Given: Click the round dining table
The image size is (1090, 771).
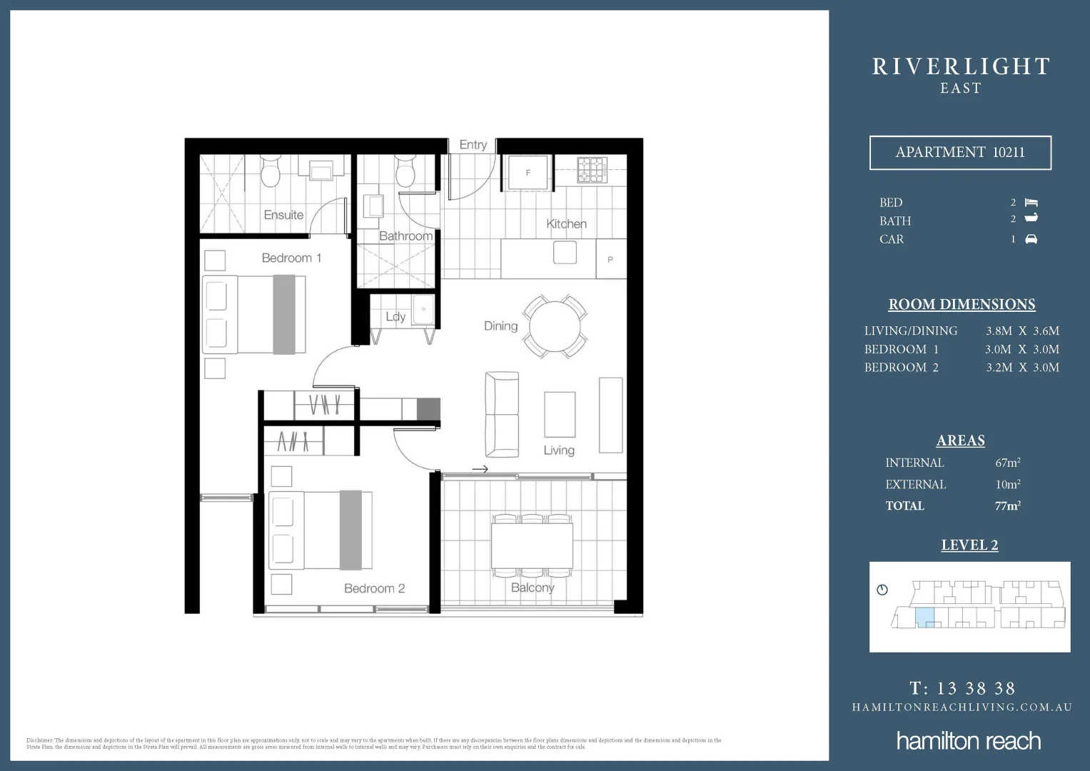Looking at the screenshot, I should pyautogui.click(x=553, y=326).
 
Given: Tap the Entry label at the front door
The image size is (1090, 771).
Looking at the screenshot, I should pyautogui.click(x=473, y=145).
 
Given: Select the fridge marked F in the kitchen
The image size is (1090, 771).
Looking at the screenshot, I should pyautogui.click(x=528, y=173).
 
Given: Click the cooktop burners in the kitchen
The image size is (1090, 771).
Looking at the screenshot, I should pyautogui.click(x=592, y=170).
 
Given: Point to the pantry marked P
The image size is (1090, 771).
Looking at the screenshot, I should pyautogui.click(x=610, y=259).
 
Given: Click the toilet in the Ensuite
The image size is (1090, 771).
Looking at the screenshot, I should pyautogui.click(x=271, y=171).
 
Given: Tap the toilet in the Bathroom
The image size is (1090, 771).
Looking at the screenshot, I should pyautogui.click(x=405, y=171).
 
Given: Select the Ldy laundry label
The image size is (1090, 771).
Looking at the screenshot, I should pyautogui.click(x=395, y=316).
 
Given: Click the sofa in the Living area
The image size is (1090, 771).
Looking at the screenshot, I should pyautogui.click(x=502, y=414).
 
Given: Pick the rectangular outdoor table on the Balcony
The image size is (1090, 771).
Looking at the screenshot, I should pyautogui.click(x=532, y=545).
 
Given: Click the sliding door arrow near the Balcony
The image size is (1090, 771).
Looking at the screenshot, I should pyautogui.click(x=480, y=469).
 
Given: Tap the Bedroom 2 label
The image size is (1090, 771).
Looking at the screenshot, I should pyautogui.click(x=374, y=588).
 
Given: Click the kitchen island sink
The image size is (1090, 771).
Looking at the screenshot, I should pyautogui.click(x=565, y=252).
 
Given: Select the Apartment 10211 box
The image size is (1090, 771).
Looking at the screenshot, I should pyautogui.click(x=960, y=152).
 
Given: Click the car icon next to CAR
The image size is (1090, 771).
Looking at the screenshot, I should pyautogui.click(x=1031, y=239).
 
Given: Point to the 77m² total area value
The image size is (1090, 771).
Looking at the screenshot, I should pyautogui.click(x=1007, y=505).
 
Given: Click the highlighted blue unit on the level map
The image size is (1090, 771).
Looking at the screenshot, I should pyautogui.click(x=924, y=617).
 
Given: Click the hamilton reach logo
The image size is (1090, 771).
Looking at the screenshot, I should pyautogui.click(x=969, y=740).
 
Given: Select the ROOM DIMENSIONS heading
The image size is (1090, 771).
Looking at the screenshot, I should pyautogui.click(x=962, y=304).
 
